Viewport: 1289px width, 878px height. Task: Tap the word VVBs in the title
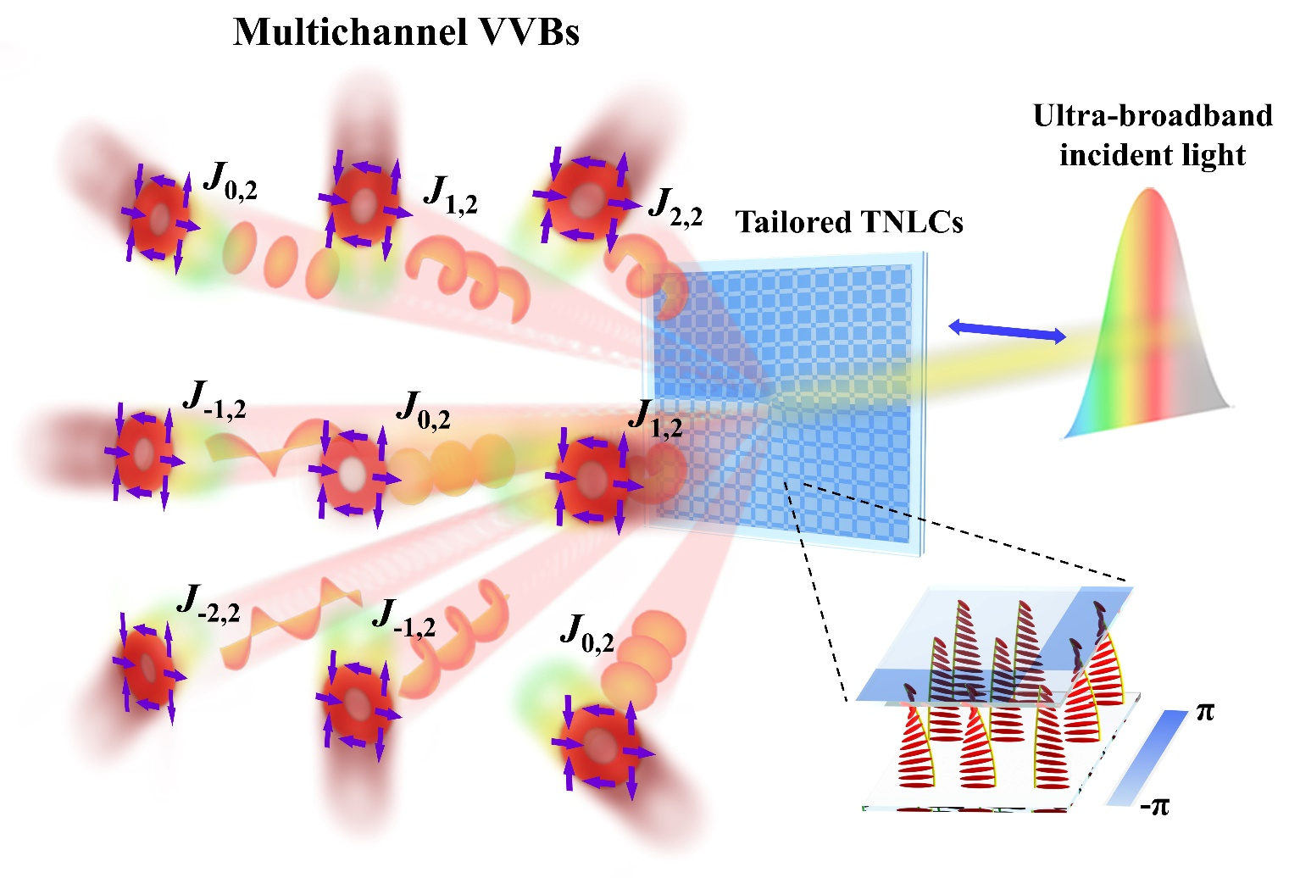[529, 32]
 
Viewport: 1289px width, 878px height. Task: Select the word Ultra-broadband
[1152, 115]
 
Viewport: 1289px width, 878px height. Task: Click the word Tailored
[793, 222]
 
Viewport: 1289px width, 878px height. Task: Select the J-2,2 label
[208, 603]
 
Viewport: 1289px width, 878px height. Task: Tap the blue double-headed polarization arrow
[1006, 331]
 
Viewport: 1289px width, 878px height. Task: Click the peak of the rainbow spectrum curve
[1149, 192]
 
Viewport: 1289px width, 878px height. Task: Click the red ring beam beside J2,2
[584, 200]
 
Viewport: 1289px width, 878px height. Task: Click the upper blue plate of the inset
[992, 644]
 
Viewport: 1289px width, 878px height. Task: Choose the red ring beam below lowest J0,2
[601, 746]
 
